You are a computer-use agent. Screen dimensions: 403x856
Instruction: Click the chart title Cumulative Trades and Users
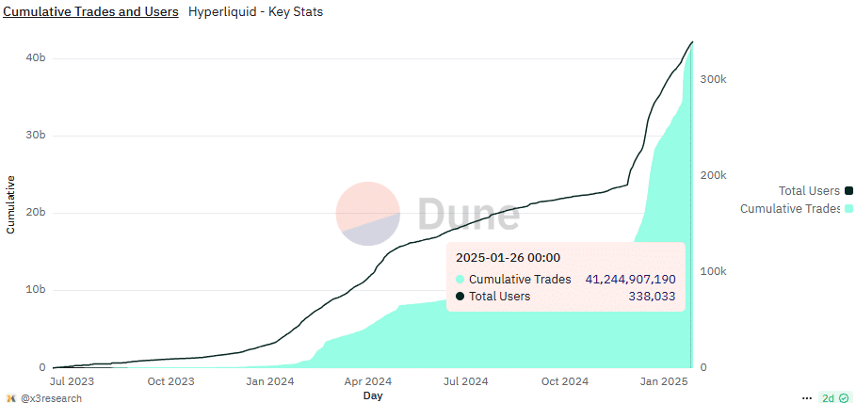[x=91, y=12]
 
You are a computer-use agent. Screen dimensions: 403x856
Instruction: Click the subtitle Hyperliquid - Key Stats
[x=255, y=12]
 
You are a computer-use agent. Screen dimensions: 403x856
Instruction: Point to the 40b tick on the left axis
[x=35, y=58]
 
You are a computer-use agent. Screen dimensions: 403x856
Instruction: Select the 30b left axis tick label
[x=35, y=136]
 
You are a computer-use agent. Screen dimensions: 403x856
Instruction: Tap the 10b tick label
[x=35, y=290]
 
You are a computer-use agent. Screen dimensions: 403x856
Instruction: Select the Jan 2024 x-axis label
[x=269, y=381]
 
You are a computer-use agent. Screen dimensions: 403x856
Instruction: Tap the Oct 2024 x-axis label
[x=566, y=381]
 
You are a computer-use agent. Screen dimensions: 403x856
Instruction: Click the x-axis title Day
[x=373, y=396]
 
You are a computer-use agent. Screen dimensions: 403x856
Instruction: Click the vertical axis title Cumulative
[x=10, y=203]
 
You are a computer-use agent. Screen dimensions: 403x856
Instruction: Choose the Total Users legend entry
[x=809, y=191]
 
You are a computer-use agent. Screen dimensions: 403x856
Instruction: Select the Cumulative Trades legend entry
[x=790, y=208]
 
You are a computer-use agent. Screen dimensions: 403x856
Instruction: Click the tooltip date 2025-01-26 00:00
[x=509, y=257]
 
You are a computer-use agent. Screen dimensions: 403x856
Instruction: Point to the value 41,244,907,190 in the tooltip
[x=631, y=279]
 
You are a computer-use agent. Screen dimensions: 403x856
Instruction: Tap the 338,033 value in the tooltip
[x=652, y=296]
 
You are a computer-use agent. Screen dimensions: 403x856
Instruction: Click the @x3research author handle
[x=51, y=398]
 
